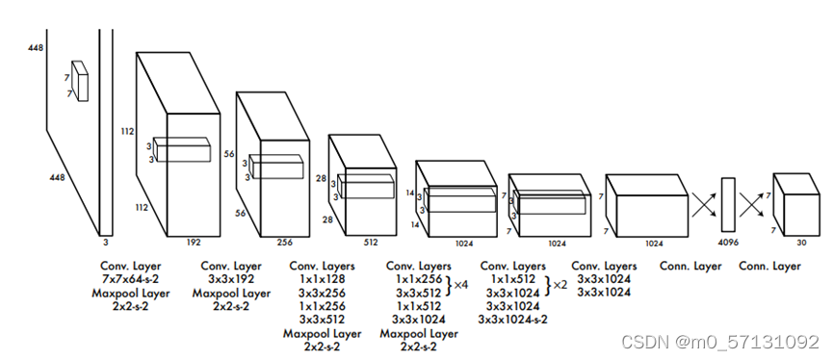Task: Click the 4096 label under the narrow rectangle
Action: tap(728, 243)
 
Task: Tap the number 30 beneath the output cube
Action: tap(801, 243)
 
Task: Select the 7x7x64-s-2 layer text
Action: tap(130, 279)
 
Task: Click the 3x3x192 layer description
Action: tap(231, 279)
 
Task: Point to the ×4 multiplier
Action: tap(460, 285)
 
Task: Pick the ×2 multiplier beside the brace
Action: tap(560, 285)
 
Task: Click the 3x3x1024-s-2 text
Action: tap(512, 320)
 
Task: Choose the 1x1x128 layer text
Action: tap(322, 279)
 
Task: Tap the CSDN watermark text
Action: tap(719, 342)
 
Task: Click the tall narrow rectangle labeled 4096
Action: tap(728, 204)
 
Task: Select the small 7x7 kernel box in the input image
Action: tap(80, 81)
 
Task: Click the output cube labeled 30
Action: tap(795, 204)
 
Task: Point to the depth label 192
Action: tap(194, 243)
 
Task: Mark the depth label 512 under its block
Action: tap(371, 243)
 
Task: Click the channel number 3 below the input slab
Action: tap(106, 243)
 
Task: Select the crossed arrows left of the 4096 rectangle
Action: tap(704, 205)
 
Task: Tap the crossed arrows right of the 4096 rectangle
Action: tap(752, 205)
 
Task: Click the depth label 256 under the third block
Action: tap(285, 243)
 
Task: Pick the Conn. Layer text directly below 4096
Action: tap(690, 266)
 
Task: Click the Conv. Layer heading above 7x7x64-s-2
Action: tap(130, 266)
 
